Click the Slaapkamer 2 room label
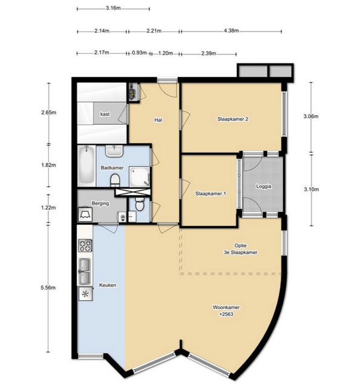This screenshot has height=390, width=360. (233, 119)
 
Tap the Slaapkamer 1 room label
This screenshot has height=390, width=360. (211, 194)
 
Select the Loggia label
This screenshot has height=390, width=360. (264, 187)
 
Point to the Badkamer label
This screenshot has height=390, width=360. (112, 168)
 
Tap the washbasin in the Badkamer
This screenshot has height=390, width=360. (114, 151)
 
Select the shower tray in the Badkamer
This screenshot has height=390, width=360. (139, 177)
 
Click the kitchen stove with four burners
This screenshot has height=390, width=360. (85, 245)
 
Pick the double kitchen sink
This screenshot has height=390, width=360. (85, 271)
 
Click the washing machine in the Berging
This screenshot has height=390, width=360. (85, 214)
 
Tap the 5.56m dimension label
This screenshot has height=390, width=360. (48, 288)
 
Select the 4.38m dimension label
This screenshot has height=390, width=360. (231, 31)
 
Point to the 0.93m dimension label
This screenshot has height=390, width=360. (139, 53)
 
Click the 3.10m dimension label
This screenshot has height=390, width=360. (312, 190)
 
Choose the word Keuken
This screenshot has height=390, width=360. (108, 285)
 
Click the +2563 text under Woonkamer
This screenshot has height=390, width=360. (226, 314)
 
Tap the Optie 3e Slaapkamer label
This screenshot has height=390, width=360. (240, 249)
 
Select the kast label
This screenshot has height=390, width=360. (105, 114)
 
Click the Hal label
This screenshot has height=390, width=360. (159, 120)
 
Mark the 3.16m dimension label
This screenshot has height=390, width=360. (113, 8)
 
